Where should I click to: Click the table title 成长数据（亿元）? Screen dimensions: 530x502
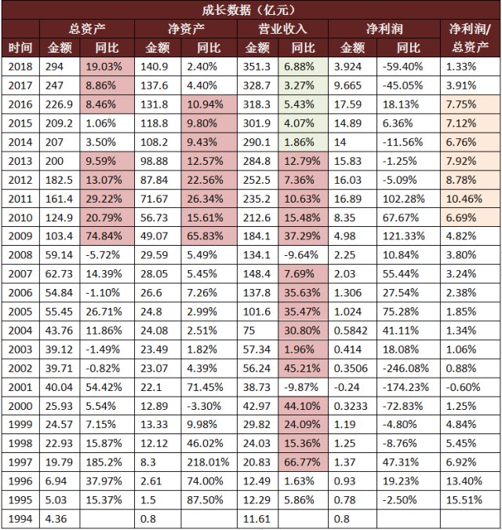coord(251,9)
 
